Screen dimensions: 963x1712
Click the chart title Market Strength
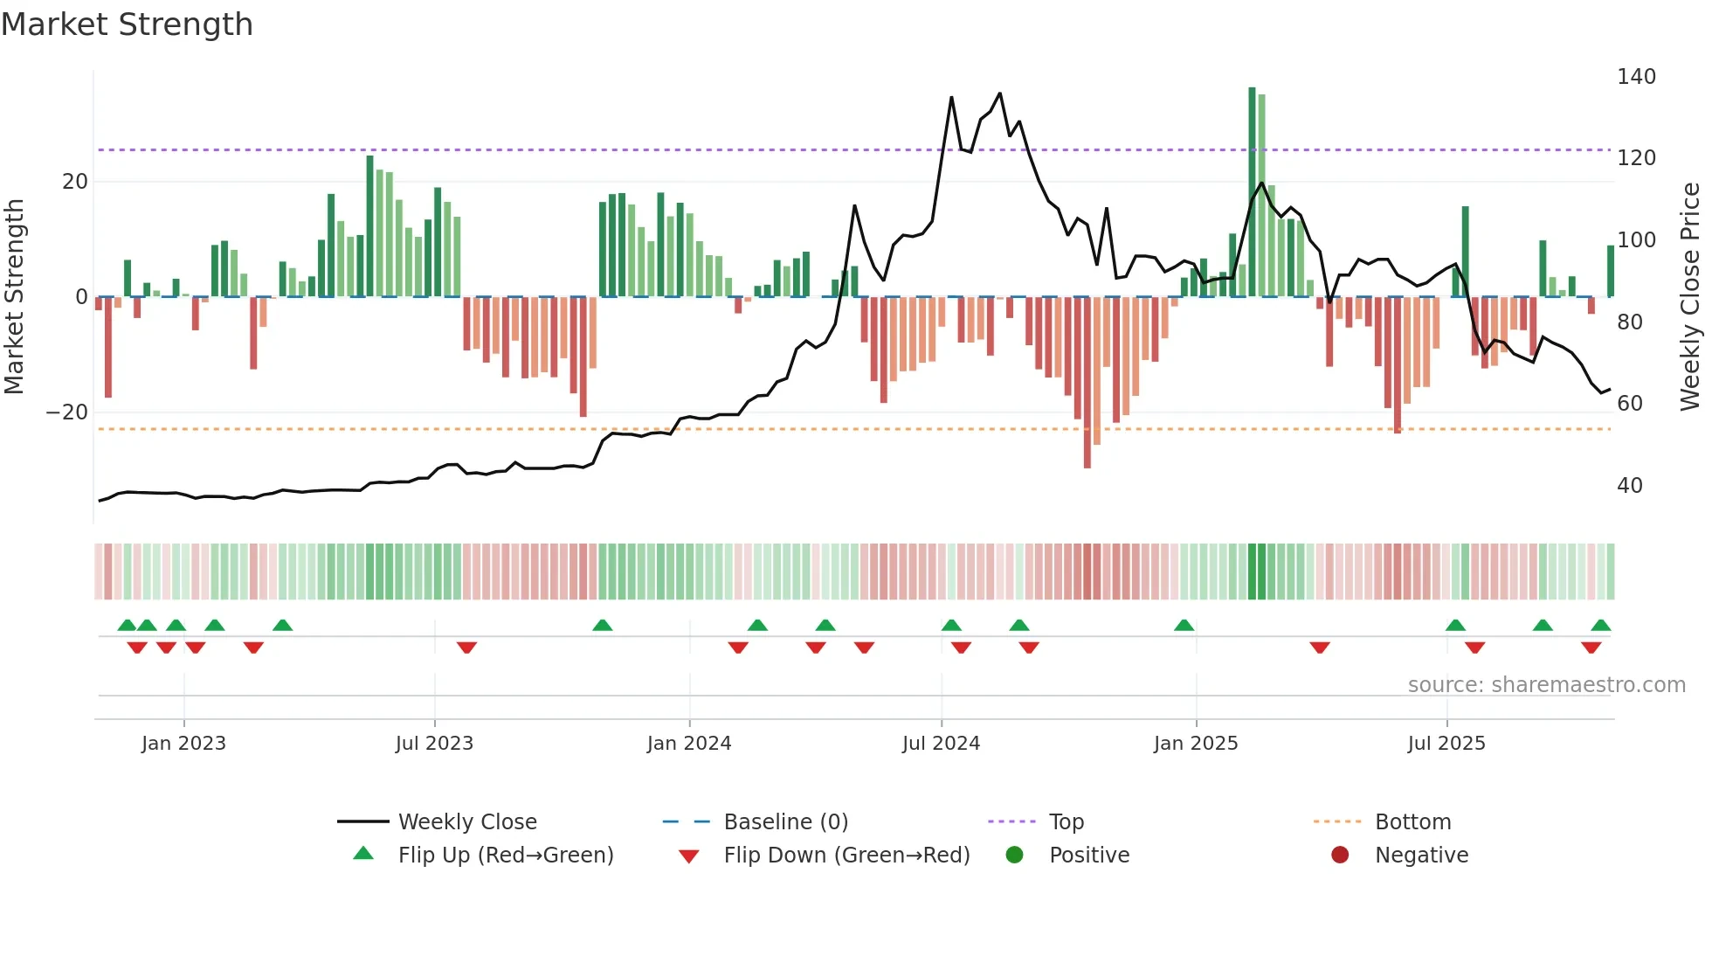click(x=127, y=24)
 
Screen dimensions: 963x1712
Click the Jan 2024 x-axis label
click(x=688, y=744)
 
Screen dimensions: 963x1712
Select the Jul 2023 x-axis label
click(x=434, y=744)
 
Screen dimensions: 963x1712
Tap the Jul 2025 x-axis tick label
click(x=1446, y=744)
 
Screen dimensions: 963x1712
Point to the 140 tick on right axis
click(x=1635, y=77)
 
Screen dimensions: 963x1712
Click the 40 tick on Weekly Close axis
click(x=1629, y=486)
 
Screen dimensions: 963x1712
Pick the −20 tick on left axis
click(x=67, y=412)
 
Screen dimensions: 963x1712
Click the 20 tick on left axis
click(x=75, y=182)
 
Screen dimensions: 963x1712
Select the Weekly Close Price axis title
click(x=1690, y=297)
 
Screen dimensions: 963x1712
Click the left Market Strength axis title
click(x=15, y=297)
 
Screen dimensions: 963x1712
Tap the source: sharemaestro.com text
click(x=1546, y=685)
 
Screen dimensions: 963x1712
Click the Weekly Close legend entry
click(x=466, y=822)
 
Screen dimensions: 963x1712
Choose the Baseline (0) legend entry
click(x=785, y=822)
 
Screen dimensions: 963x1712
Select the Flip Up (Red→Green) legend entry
click(x=505, y=856)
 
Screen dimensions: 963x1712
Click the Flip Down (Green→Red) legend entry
click(x=846, y=856)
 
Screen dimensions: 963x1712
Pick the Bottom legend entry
click(x=1412, y=822)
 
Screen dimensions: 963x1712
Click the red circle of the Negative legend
click(x=1340, y=856)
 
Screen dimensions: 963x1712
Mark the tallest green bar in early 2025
click(x=1252, y=192)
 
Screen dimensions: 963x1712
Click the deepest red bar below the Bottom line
click(x=1087, y=385)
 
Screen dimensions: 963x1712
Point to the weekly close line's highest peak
click(x=999, y=94)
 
